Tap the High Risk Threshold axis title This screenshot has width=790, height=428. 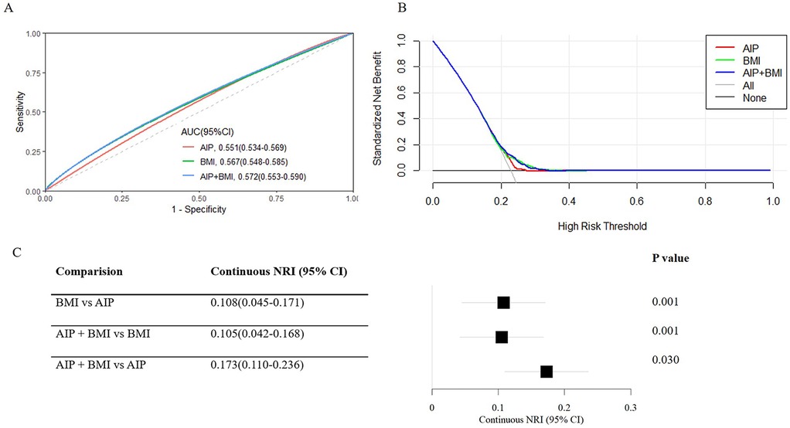[601, 226]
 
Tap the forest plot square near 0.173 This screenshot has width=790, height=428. [547, 372]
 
